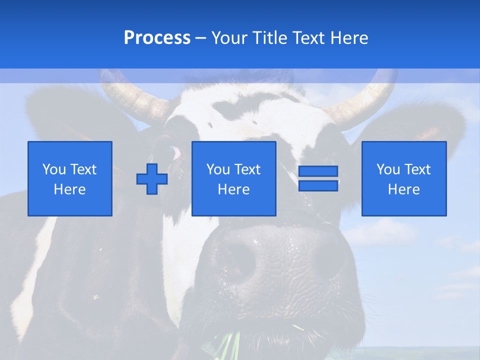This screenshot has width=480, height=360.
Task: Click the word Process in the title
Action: pyautogui.click(x=157, y=38)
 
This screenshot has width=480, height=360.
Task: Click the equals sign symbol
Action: pyautogui.click(x=318, y=178)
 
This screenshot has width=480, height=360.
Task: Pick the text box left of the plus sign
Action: pyautogui.click(x=70, y=178)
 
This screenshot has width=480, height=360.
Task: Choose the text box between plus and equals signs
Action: pyautogui.click(x=233, y=178)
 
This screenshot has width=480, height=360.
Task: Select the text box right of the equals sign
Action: pyautogui.click(x=404, y=178)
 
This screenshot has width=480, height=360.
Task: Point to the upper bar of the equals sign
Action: pyautogui.click(x=318, y=171)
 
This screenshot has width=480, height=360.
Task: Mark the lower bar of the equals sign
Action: pyautogui.click(x=318, y=185)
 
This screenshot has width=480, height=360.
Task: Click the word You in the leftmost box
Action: pyautogui.click(x=54, y=169)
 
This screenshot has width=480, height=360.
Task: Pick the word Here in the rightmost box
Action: pyautogui.click(x=404, y=189)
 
